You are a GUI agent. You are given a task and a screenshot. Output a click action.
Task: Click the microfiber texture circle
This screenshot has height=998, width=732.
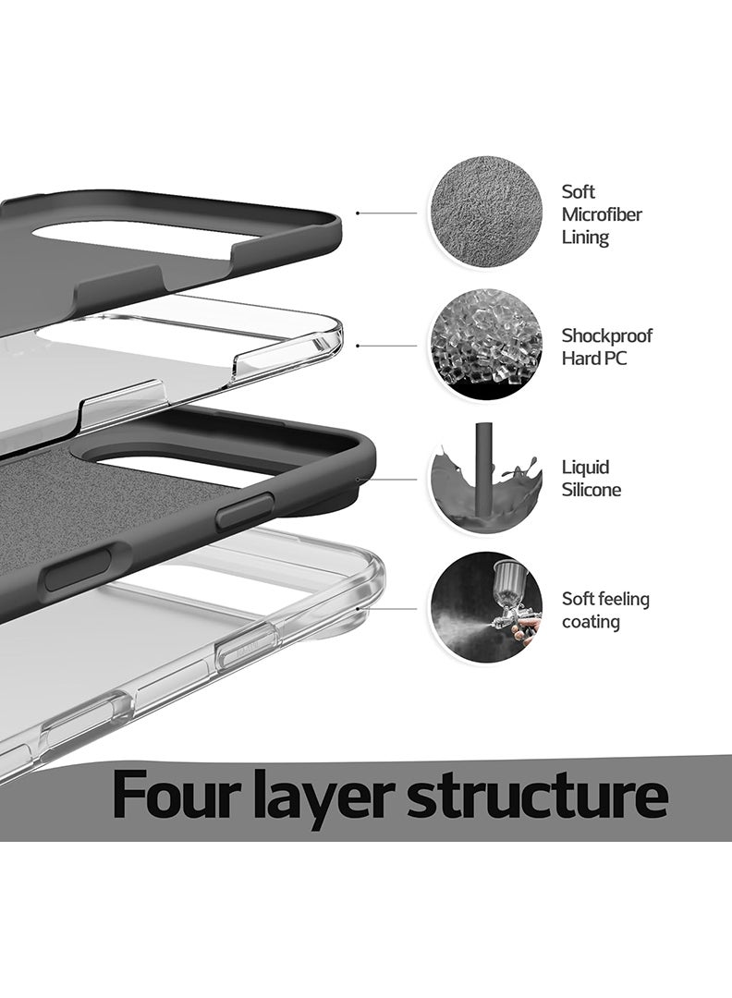click(x=486, y=212)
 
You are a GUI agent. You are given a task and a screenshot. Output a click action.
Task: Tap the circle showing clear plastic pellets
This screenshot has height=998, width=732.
click(x=486, y=344)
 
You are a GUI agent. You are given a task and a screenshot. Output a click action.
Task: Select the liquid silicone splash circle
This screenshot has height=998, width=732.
click(x=486, y=478)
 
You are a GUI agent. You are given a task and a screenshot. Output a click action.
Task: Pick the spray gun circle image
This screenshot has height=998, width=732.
click(x=486, y=607)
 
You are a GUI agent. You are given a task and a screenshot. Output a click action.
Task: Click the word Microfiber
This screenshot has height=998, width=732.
click(x=602, y=214)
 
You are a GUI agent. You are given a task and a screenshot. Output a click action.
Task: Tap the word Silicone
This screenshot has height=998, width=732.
click(x=592, y=490)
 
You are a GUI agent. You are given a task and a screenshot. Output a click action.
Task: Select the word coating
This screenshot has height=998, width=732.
click(x=591, y=622)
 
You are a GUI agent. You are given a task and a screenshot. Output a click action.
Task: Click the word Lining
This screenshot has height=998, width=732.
click(x=585, y=237)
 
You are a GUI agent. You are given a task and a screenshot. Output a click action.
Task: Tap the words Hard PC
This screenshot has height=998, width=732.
click(x=594, y=359)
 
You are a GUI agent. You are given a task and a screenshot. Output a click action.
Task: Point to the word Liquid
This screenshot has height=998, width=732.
click(x=586, y=468)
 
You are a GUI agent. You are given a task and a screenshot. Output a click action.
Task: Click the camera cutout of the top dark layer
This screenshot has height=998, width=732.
click(x=148, y=238)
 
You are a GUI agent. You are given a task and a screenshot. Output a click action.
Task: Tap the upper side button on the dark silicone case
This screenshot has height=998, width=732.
click(x=245, y=510)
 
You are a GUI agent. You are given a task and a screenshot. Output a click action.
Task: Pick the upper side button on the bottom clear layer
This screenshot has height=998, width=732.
click(x=246, y=645)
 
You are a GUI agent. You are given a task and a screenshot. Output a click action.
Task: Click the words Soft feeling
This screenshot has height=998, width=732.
click(x=605, y=599)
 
